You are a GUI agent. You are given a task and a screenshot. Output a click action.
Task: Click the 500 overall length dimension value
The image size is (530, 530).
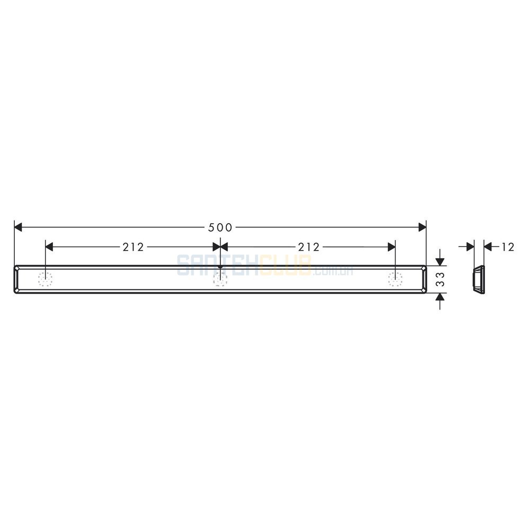220,227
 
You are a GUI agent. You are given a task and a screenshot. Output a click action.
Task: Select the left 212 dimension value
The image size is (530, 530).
133,247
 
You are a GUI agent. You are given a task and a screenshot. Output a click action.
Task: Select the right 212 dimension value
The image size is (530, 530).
308,247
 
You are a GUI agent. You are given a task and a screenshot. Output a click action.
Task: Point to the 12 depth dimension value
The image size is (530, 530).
507,247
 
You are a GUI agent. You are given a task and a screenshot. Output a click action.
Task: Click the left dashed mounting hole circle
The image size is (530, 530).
45,279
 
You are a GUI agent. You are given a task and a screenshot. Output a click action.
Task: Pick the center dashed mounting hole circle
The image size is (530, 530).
220,279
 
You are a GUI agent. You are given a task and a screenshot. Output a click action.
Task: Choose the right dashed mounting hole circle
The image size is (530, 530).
395,279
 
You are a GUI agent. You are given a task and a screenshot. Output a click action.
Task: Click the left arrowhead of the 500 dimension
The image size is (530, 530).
18,227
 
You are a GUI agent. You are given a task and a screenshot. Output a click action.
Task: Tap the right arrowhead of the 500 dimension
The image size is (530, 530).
422,227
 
